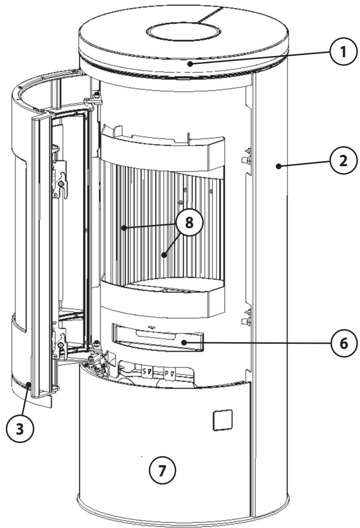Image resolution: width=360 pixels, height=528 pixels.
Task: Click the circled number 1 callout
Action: (343, 52)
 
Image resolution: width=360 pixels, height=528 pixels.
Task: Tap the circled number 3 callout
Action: (20, 429)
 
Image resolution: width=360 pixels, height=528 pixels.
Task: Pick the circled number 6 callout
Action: (344, 343)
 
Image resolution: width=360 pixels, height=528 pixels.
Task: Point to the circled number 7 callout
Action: (162, 470)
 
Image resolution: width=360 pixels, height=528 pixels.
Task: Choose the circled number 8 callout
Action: (189, 222)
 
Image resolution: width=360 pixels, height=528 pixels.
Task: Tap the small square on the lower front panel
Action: (223, 420)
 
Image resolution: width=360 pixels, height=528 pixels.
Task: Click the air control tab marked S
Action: (147, 373)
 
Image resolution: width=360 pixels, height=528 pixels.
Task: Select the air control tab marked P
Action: (170, 374)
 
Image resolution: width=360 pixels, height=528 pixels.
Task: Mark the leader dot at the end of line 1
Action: (191, 63)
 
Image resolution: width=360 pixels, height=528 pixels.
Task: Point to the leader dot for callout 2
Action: (279, 166)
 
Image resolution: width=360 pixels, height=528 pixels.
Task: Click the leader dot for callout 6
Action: (184, 343)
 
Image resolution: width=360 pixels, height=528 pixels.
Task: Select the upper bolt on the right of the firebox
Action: (247, 159)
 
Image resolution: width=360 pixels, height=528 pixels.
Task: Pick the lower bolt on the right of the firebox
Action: (247, 321)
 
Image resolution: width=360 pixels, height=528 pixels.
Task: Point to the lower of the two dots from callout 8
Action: (164, 255)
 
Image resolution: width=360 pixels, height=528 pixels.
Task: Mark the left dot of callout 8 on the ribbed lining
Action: (124, 228)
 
